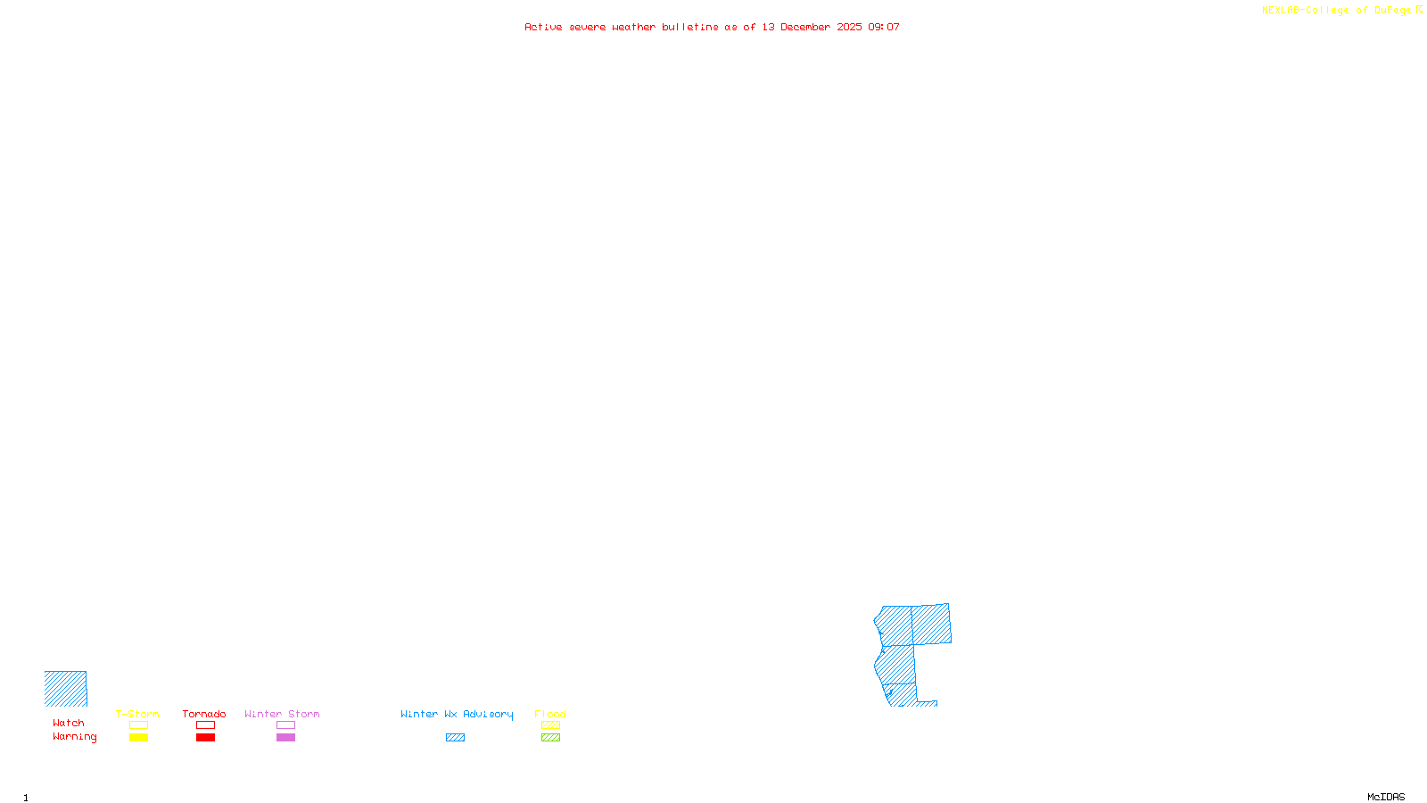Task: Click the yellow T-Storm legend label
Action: coord(137,714)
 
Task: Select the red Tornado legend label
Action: coord(204,714)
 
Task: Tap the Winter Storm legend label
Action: coord(282,714)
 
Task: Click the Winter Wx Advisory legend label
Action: coord(457,714)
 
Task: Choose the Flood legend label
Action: coord(550,714)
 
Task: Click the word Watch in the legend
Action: coord(69,723)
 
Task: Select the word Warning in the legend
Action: coord(75,737)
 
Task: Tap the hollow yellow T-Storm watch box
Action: coord(138,725)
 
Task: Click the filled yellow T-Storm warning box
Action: coord(138,738)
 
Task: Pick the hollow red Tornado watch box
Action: coord(205,725)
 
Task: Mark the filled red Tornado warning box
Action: coord(205,738)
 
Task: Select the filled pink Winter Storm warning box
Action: coord(285,738)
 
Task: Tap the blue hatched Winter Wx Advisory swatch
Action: coord(455,738)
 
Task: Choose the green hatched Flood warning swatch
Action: coord(550,738)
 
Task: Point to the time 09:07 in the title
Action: coord(884,27)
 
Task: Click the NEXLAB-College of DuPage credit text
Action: coord(1337,11)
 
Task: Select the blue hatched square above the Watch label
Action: coord(66,689)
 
